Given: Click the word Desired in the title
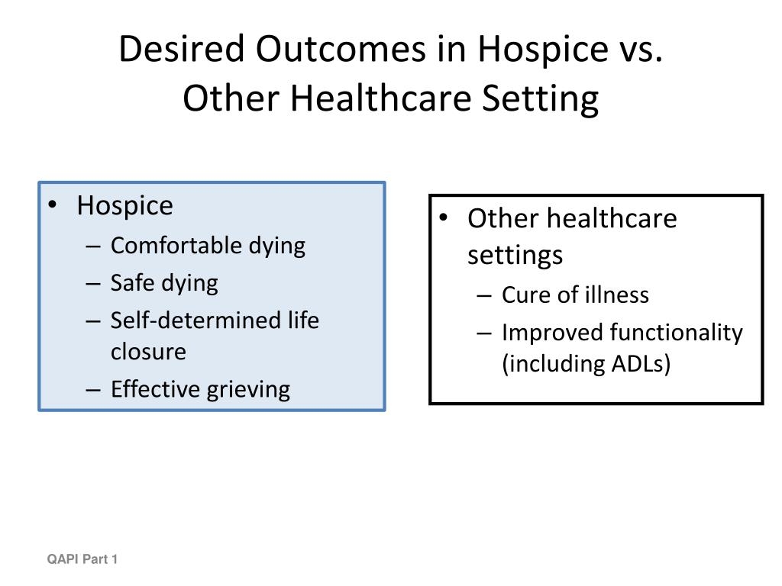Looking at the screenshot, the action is pyautogui.click(x=182, y=49).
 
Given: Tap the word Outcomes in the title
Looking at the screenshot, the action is pyautogui.click(x=341, y=49).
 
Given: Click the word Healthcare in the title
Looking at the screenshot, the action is pyautogui.click(x=380, y=98).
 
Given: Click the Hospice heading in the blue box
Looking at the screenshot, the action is pyautogui.click(x=124, y=206).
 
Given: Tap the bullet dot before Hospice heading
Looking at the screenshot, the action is pyautogui.click(x=53, y=204).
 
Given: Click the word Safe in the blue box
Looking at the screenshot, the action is pyautogui.click(x=132, y=282).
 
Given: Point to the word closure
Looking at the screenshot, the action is pyautogui.click(x=148, y=351).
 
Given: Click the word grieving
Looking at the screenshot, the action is pyautogui.click(x=248, y=390).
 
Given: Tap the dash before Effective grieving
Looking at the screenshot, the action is pyautogui.click(x=93, y=390).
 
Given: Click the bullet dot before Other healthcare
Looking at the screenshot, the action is pyautogui.click(x=444, y=217).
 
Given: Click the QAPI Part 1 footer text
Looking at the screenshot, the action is pyautogui.click(x=82, y=559).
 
